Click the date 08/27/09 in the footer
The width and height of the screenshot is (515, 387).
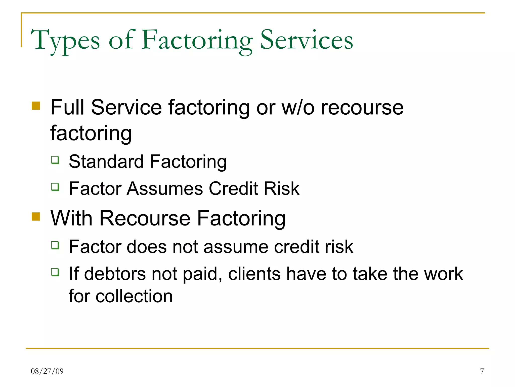(x=47, y=371)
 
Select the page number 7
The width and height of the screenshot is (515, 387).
(x=482, y=371)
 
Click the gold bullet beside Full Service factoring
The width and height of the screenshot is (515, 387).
(x=36, y=106)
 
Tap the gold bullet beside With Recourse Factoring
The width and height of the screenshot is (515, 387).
(x=36, y=216)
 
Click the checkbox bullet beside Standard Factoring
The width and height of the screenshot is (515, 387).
(x=55, y=160)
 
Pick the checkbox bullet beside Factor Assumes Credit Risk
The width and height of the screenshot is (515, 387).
(x=55, y=187)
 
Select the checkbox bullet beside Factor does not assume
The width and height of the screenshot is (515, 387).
(x=55, y=245)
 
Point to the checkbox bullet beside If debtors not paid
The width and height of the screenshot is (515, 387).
(x=55, y=272)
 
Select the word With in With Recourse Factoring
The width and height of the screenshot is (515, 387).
(x=71, y=218)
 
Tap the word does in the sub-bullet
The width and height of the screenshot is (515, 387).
(x=147, y=247)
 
